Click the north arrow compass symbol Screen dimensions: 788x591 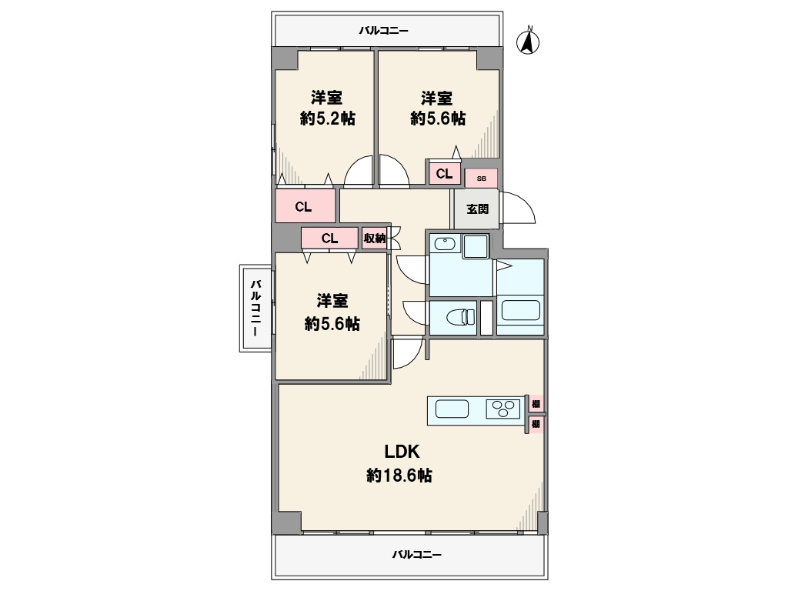coord(528,41)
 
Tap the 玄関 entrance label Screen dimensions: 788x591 coord(477,209)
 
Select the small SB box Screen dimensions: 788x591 coord(482,179)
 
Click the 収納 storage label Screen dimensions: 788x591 coord(375,239)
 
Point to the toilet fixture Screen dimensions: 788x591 coord(460,317)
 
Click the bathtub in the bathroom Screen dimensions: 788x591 coord(521,311)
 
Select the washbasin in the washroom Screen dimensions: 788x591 coord(445,244)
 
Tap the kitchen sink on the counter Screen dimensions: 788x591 coord(452,409)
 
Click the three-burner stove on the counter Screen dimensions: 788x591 coord(503,409)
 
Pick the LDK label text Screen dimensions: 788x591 coord(402,452)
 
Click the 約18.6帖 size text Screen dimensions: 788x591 coord(399,475)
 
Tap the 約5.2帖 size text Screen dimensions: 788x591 coord(328,119)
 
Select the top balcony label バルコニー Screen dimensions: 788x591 coord(383,31)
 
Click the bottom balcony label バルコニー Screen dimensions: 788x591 coord(416,555)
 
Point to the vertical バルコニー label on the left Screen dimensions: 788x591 coord(255,308)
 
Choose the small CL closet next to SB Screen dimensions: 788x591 coord(444,174)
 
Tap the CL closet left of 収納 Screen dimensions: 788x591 coord(330,239)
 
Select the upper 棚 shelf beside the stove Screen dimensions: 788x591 coord(536,403)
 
